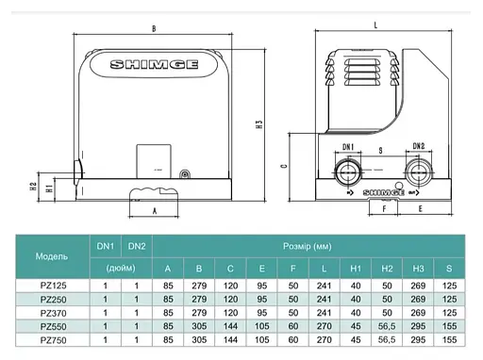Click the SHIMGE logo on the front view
154,64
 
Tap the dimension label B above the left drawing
154,29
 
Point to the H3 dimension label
258,124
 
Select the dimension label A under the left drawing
155,211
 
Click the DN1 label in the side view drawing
348,147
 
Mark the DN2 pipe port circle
419,172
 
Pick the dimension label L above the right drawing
375,25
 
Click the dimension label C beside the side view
284,166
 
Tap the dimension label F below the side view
384,208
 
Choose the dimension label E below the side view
421,208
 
